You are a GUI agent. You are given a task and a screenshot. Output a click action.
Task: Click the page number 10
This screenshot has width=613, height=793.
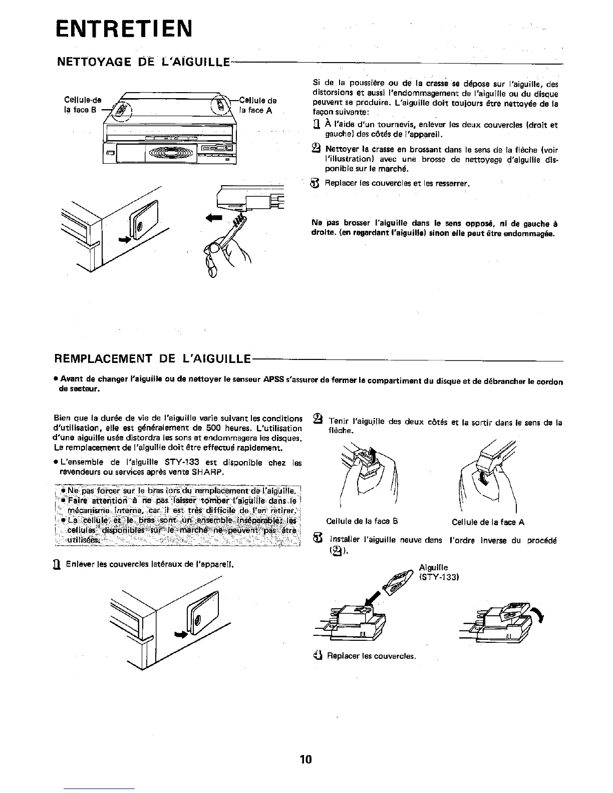click(305, 759)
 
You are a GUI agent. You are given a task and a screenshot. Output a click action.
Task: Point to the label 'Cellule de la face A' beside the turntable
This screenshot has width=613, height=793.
click(256, 105)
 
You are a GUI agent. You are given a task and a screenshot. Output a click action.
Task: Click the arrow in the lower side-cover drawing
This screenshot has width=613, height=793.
click(178, 635)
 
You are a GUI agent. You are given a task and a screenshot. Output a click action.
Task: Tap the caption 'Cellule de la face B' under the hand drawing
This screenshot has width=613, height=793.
click(362, 521)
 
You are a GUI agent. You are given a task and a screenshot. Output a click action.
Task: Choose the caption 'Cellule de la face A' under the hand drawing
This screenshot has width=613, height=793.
click(488, 522)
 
